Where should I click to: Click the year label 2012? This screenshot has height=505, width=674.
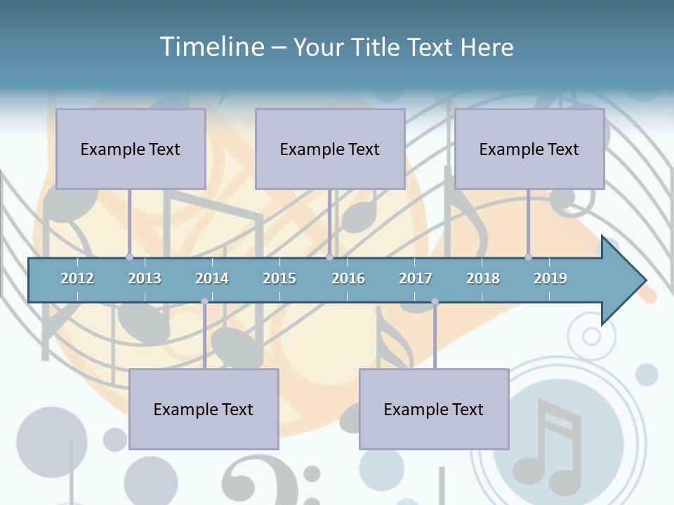click(x=77, y=278)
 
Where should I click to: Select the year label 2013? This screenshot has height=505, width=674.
click(x=145, y=278)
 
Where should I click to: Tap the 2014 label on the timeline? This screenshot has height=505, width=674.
click(x=212, y=278)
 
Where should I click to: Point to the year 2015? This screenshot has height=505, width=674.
click(x=279, y=278)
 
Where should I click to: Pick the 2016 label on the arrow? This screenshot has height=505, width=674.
click(x=348, y=278)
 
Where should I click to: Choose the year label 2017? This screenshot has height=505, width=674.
click(x=416, y=278)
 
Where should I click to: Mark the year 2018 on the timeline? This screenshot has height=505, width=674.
click(x=483, y=278)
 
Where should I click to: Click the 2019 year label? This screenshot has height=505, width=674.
click(x=550, y=278)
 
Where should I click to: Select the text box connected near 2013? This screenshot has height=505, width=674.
click(x=131, y=149)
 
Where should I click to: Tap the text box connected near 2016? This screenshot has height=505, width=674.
click(x=330, y=149)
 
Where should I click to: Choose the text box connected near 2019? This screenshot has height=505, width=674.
click(x=529, y=149)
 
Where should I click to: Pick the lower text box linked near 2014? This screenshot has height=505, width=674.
click(x=204, y=409)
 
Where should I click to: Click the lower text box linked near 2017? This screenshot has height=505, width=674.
click(x=434, y=409)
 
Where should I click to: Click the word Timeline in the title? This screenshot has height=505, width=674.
click(x=211, y=46)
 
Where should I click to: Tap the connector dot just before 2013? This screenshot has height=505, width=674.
click(x=129, y=257)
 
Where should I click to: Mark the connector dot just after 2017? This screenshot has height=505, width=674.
click(x=435, y=302)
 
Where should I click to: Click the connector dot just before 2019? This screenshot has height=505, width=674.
click(x=528, y=257)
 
